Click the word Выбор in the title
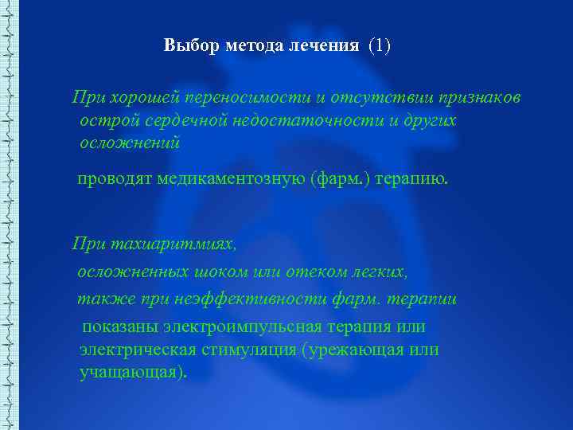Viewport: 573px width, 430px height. coord(185,45)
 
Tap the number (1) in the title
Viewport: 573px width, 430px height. coord(379,45)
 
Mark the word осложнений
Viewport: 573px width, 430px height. coord(130,143)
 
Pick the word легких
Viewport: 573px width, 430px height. coord(380,272)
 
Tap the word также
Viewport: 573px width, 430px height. coord(98,299)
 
